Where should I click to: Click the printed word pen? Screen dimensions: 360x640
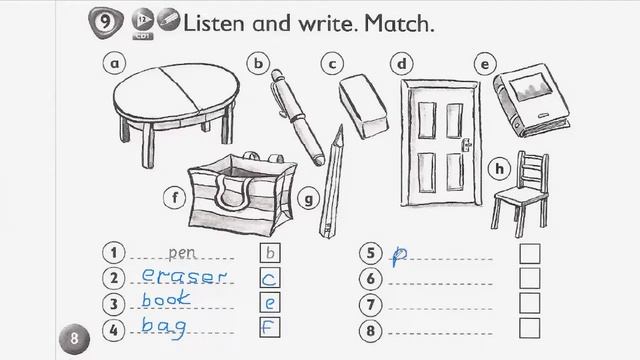click(182, 253)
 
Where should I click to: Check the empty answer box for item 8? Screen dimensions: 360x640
click(529, 328)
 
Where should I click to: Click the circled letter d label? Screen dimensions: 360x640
click(402, 64)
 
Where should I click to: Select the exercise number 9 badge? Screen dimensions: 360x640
click(104, 21)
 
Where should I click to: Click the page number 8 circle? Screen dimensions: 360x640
click(74, 338)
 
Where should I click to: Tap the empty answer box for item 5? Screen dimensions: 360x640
click(529, 254)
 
